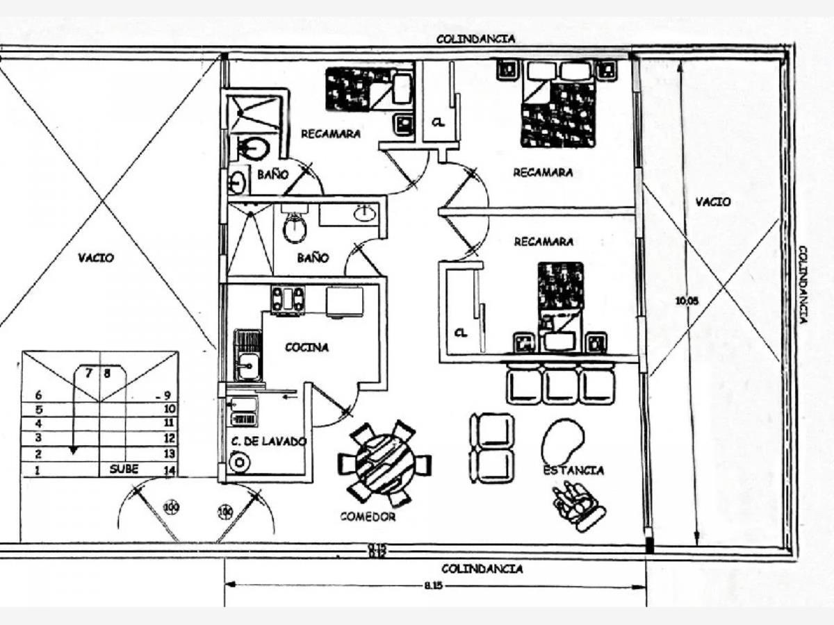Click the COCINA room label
(306, 347)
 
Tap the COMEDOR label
(368, 517)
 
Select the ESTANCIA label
(573, 470)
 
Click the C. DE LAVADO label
(267, 441)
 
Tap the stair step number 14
(169, 471)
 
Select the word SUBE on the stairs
(124, 469)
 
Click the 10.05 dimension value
(687, 301)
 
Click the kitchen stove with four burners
(288, 300)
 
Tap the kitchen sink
(247, 364)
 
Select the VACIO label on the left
(96, 258)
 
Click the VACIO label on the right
(713, 201)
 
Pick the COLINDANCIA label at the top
(475, 39)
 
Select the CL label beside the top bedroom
(438, 123)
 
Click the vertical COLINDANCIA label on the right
(803, 284)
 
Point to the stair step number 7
(89, 373)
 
